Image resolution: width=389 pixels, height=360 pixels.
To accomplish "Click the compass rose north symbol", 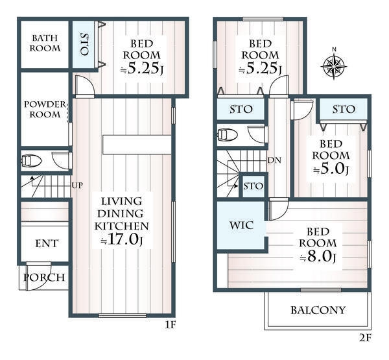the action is (x=334, y=65).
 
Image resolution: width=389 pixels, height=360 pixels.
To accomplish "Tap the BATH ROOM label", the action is (x=45, y=43).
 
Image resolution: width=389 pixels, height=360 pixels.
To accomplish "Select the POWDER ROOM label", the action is (x=45, y=109).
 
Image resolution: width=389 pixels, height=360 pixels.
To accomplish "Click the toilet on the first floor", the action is (x=31, y=161).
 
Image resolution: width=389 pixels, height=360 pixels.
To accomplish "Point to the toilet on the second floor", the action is (x=228, y=135).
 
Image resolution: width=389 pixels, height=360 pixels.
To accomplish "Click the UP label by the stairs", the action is (x=77, y=186).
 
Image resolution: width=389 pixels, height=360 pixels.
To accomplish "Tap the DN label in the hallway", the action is (x=274, y=160).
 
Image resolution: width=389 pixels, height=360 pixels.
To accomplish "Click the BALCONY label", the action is (x=318, y=310).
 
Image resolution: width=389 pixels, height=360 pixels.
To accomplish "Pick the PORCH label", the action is (x=44, y=278).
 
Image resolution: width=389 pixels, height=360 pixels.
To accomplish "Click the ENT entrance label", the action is (x=47, y=243).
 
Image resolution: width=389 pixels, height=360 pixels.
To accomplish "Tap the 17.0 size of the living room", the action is (x=122, y=239).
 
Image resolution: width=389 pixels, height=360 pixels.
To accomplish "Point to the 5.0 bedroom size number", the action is (x=331, y=169).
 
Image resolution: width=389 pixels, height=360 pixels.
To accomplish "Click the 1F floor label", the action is (x=171, y=325).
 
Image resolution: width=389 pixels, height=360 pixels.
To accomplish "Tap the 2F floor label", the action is (x=365, y=338).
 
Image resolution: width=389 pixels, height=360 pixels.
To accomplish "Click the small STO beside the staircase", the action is (x=253, y=186).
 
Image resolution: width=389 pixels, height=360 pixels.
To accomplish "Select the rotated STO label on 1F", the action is (x=84, y=44).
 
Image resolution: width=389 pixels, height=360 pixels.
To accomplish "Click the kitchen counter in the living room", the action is (x=137, y=145).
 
